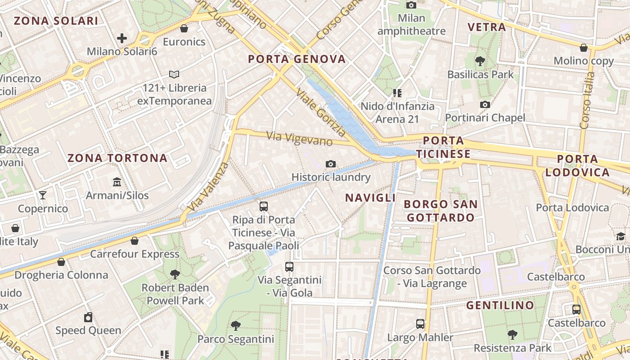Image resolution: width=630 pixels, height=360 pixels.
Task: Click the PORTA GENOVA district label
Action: (297, 59)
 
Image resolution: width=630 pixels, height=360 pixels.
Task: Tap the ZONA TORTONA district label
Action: (117, 158)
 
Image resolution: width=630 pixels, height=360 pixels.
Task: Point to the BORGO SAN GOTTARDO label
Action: (441, 211)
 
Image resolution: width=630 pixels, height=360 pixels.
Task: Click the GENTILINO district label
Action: (500, 306)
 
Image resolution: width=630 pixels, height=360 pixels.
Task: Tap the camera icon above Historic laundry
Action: (331, 164)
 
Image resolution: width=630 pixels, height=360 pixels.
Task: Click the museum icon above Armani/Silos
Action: (117, 182)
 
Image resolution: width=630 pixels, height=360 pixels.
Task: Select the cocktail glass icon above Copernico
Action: (43, 195)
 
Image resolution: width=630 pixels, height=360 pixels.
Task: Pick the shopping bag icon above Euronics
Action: (184, 29)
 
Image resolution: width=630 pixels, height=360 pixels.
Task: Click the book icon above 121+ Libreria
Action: (174, 74)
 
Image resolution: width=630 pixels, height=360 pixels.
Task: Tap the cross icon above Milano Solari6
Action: (121, 38)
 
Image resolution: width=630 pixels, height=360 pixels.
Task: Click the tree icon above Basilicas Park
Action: (480, 60)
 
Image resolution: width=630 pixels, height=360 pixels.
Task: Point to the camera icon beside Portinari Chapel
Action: (485, 105)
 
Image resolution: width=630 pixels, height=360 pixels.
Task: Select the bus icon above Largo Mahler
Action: (420, 324)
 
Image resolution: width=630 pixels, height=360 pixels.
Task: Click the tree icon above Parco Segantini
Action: (235, 325)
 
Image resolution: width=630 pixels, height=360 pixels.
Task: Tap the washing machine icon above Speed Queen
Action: (88, 317)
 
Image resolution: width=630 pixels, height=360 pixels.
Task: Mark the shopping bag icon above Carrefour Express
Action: (134, 241)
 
